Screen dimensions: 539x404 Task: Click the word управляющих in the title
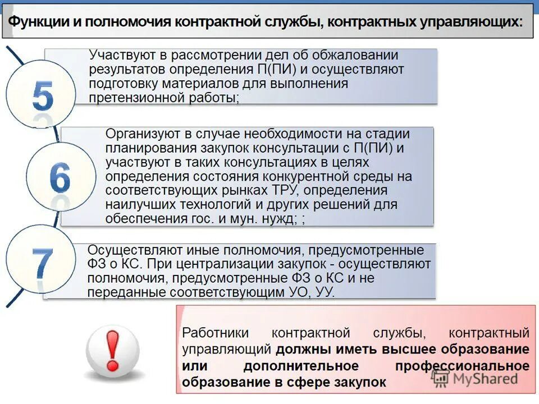click(477, 22)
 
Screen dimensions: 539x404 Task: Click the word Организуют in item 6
click(139, 135)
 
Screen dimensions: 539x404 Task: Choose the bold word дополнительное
click(301, 366)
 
